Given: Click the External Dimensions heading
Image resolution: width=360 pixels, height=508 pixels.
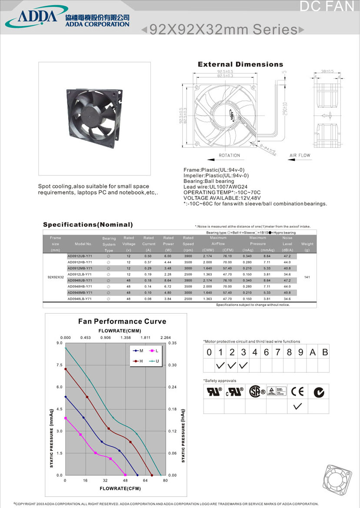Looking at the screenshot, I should tap(240, 64).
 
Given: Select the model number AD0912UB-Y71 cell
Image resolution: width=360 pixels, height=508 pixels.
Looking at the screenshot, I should tap(80, 256).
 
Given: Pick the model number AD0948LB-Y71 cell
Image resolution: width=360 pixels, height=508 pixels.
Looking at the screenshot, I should tap(80, 299).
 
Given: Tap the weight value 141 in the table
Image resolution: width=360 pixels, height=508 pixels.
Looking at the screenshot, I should tap(307, 277).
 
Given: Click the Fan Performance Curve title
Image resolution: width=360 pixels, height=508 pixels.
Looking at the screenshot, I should tap(122, 322).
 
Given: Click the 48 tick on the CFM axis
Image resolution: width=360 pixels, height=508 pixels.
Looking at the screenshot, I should tap(125, 480).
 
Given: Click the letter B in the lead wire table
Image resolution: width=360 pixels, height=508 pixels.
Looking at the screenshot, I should tap(324, 352).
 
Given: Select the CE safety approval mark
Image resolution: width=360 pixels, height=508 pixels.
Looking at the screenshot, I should tap(298, 392).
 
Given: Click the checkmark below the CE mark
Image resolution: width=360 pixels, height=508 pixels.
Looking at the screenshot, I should tap(298, 407).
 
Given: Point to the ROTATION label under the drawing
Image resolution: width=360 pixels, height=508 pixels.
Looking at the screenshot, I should tap(229, 155).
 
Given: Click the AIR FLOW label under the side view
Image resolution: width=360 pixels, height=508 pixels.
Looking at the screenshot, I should tap(300, 155).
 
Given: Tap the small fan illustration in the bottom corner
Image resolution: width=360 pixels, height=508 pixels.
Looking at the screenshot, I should tap(337, 478).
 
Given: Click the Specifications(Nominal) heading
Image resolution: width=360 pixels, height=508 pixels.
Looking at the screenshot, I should tap(88, 225).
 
